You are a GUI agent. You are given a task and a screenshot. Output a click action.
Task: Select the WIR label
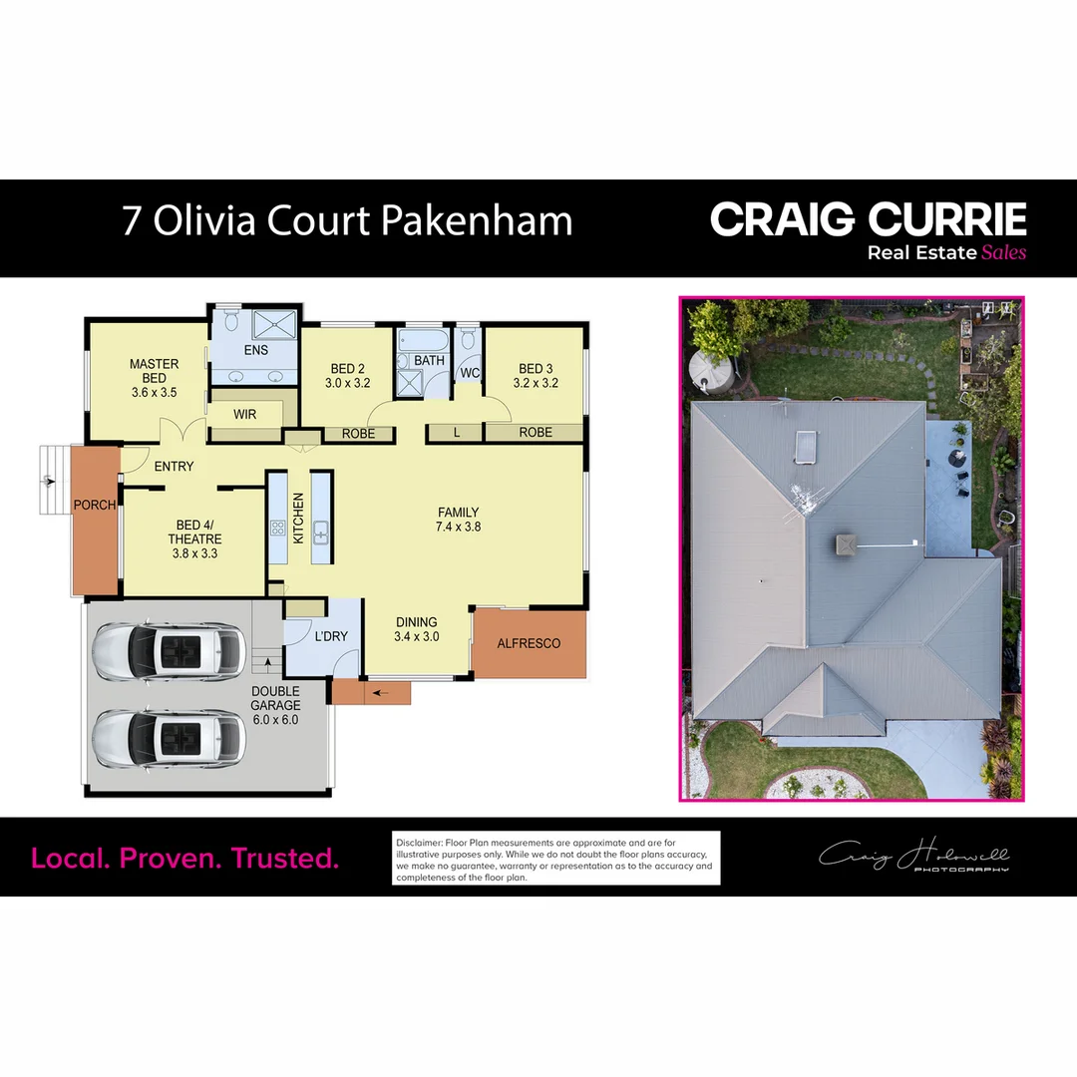tap(246, 413)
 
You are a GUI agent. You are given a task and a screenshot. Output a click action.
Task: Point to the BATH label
tap(429, 360)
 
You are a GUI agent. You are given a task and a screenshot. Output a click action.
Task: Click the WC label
tap(470, 373)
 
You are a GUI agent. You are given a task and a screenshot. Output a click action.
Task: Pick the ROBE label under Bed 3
tap(536, 433)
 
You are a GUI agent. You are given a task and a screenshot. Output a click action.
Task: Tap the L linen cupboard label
tap(456, 433)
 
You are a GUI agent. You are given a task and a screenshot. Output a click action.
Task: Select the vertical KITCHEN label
tap(297, 519)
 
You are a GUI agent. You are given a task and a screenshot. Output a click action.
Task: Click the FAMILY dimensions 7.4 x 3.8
tap(459, 527)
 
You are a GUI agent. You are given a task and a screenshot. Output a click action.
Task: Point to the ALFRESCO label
tap(529, 643)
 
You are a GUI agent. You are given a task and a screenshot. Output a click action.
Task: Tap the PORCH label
tap(95, 505)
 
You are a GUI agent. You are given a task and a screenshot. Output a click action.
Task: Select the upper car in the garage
tap(169, 652)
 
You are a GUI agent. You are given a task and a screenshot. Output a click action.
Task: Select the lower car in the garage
tap(169, 738)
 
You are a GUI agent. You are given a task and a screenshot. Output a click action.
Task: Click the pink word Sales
tap(1003, 252)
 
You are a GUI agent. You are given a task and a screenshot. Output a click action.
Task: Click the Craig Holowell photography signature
tap(914, 857)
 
